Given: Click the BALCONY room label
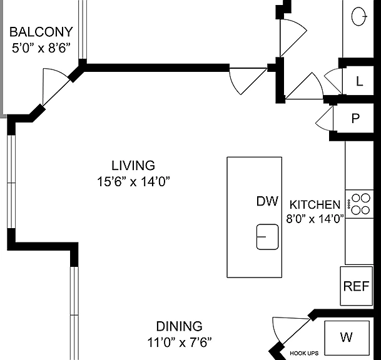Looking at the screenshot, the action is pos(41,32).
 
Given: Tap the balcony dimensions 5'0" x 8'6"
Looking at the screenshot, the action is pos(41,48).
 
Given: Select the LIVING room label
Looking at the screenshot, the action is pos(133,166).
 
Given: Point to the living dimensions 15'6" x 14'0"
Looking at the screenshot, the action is pos(133,181).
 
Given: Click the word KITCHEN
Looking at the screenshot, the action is pos(315,204).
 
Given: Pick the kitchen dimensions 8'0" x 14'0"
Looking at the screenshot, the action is pos(315,219).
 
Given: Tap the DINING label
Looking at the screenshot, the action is pos(180,326).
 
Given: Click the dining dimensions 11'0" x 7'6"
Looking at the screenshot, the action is pos(180,342).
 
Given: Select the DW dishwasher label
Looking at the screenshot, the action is pos(267,201).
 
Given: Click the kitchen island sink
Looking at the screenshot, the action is pos(267,237).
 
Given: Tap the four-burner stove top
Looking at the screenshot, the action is pos(359,204).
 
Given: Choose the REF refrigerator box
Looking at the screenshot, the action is pos(356,286).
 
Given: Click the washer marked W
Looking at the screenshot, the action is pos(347,337).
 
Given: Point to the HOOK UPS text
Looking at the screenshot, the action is pos(304,353).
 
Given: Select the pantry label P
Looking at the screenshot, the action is pos(355,119).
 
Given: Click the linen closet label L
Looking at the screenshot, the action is pos(359,81).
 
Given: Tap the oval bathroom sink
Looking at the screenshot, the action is pos(359,16).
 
